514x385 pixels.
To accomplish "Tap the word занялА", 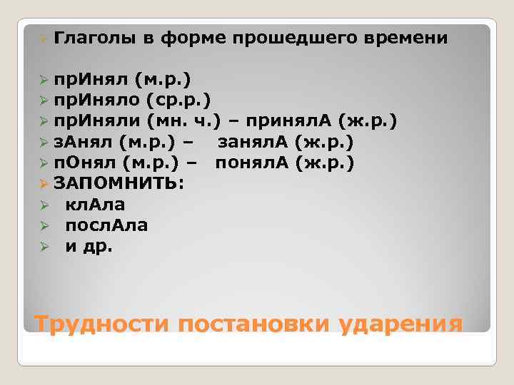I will (253, 142).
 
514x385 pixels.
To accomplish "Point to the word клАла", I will (95, 205).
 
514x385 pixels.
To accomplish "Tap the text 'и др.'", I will (89, 247).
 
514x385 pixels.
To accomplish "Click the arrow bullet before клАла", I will (44, 205).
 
